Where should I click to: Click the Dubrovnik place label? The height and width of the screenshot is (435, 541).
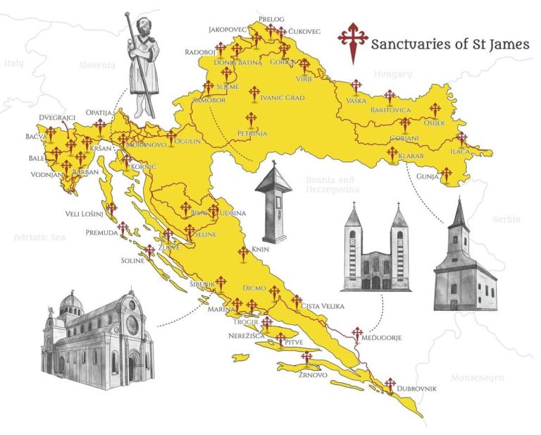[416, 389]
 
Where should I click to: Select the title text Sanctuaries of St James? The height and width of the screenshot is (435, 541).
[450, 44]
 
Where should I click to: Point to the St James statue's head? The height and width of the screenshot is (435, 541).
[142, 24]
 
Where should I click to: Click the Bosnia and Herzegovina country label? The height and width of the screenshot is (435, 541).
[333, 185]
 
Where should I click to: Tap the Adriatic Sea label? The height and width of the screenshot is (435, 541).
[39, 238]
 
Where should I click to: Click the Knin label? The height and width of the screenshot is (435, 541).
[259, 250]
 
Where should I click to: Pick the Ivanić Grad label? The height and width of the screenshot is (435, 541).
[282, 98]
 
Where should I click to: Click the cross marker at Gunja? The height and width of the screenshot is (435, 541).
[445, 173]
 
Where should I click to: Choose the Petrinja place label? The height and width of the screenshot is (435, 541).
[252, 133]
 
